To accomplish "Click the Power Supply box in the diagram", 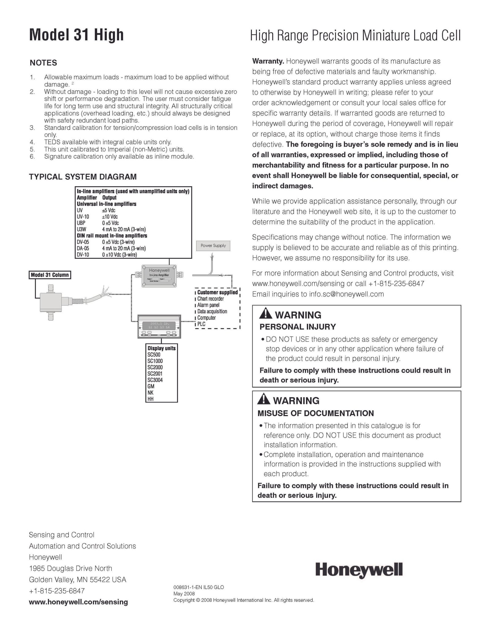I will tap(213, 246).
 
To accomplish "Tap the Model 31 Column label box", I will tap(50, 275).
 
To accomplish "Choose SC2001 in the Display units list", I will tap(155, 374).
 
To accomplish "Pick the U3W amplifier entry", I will tap(81, 229).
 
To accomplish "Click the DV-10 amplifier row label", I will tap(83, 255).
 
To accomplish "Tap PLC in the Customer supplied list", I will tap(202, 324).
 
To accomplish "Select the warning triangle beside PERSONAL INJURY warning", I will tap(266, 314).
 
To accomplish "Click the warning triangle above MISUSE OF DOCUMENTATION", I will tap(264, 400).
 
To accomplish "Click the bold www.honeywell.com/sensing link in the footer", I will tap(78, 602).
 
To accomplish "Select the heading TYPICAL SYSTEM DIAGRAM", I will tap(83, 177).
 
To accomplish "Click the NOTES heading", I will tap(43, 63).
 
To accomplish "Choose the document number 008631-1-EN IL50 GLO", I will tap(199, 587).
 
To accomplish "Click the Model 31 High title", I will tap(76, 35).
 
